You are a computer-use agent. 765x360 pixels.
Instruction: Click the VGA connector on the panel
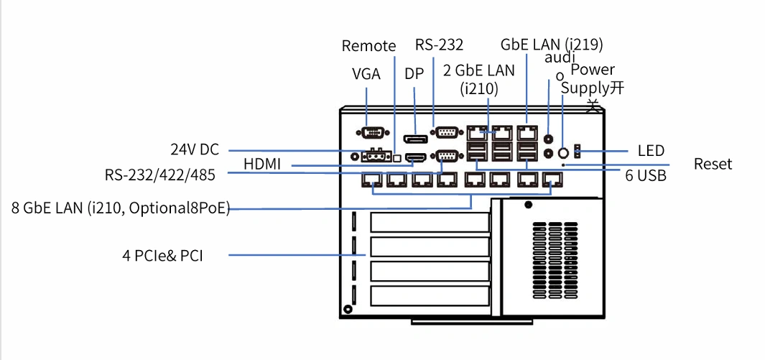click(x=374, y=132)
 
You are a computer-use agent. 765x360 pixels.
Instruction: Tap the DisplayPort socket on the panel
click(x=415, y=139)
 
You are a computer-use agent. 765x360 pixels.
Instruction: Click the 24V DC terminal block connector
click(x=376, y=156)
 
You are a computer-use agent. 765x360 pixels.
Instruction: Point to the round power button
click(x=563, y=152)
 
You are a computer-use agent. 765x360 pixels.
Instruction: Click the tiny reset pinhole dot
click(x=565, y=166)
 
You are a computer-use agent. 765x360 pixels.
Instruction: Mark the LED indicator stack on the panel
click(x=578, y=151)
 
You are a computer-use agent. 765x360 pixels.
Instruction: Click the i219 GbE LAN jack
click(x=527, y=131)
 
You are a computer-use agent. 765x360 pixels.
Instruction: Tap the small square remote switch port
click(x=398, y=157)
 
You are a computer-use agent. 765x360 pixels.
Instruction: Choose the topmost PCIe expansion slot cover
click(x=430, y=223)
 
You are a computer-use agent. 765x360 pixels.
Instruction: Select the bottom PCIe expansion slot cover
click(x=430, y=296)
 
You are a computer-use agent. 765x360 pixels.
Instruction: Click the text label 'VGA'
click(x=366, y=74)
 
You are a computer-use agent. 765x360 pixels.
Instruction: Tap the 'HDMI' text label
click(x=262, y=165)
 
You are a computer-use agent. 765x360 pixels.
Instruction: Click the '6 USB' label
click(x=646, y=175)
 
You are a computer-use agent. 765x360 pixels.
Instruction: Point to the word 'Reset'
click(x=713, y=164)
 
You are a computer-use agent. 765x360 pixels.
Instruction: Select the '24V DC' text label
click(x=195, y=149)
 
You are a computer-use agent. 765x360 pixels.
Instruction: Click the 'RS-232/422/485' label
click(x=159, y=175)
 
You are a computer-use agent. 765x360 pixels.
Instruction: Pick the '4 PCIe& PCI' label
click(x=162, y=255)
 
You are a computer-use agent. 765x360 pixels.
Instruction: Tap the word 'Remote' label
click(x=368, y=46)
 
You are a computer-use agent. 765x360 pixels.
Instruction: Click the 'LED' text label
click(x=652, y=150)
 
